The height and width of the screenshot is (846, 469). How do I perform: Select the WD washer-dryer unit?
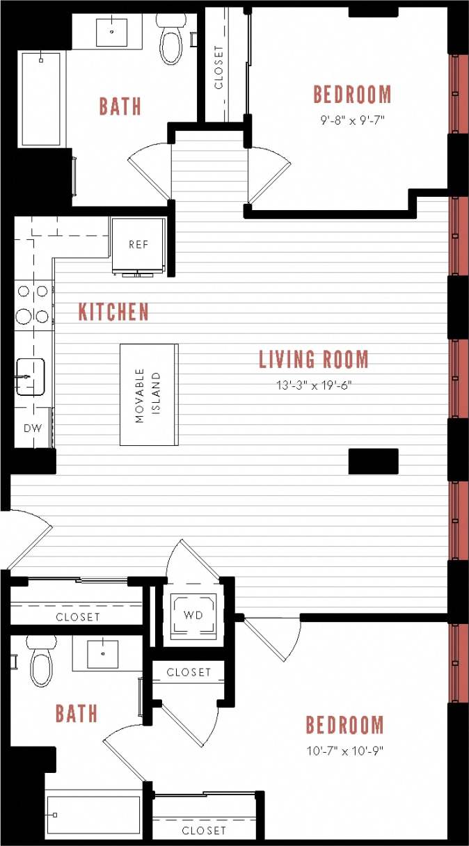[193, 616]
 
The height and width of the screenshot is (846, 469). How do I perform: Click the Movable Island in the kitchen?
[148, 394]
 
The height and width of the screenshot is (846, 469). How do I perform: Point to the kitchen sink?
[30, 377]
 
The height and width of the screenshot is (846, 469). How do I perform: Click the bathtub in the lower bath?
[93, 815]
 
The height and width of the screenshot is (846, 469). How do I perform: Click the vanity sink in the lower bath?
[102, 654]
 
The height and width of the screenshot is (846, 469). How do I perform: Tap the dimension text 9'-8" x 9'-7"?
[352, 120]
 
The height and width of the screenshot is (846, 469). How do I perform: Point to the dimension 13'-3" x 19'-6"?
[313, 385]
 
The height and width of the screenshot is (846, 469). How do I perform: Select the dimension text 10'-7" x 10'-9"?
[345, 751]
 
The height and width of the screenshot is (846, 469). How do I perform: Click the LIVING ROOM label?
[313, 360]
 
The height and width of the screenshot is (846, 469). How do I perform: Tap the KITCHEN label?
[113, 312]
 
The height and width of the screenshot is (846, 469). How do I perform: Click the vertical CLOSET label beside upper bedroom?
[219, 67]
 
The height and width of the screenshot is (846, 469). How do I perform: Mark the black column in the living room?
[373, 461]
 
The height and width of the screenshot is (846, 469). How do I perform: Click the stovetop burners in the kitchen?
[33, 304]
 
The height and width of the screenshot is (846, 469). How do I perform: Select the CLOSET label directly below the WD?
[189, 672]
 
